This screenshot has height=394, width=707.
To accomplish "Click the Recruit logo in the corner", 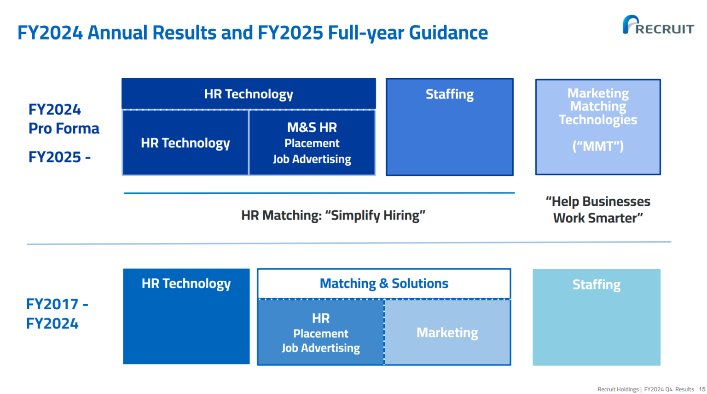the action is click(x=658, y=25).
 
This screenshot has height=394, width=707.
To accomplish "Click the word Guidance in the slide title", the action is click(x=448, y=33).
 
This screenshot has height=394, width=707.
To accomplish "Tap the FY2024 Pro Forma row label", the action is click(x=64, y=119).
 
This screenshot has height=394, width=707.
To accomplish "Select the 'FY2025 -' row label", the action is click(x=60, y=157).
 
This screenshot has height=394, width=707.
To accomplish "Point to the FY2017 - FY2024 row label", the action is click(x=57, y=314).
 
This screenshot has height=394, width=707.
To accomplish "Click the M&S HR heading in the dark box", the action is click(x=312, y=127).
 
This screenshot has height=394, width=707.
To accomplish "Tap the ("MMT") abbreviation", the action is click(x=598, y=146).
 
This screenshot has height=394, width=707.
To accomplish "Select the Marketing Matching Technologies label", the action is click(x=598, y=106).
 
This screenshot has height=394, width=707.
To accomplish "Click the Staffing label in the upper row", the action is click(x=449, y=94).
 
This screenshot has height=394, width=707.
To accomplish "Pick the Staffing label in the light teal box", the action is click(x=596, y=285).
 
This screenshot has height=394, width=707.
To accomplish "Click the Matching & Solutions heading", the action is click(x=384, y=284).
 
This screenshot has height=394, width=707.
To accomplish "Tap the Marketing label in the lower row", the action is click(x=447, y=333).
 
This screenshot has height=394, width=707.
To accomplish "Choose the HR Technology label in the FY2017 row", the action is click(x=186, y=284).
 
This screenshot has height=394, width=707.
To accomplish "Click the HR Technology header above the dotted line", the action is click(x=249, y=94).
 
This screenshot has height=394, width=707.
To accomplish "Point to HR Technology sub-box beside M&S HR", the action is click(x=185, y=143).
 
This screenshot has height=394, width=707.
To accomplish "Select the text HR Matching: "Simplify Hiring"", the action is click(x=333, y=215).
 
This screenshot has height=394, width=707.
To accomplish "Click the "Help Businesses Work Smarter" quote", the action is click(x=598, y=209).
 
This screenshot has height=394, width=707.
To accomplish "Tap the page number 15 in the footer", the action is click(x=702, y=389).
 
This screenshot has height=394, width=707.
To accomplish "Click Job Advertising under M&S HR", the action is click(x=312, y=159).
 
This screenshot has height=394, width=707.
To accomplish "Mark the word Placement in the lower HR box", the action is click(x=321, y=334).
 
